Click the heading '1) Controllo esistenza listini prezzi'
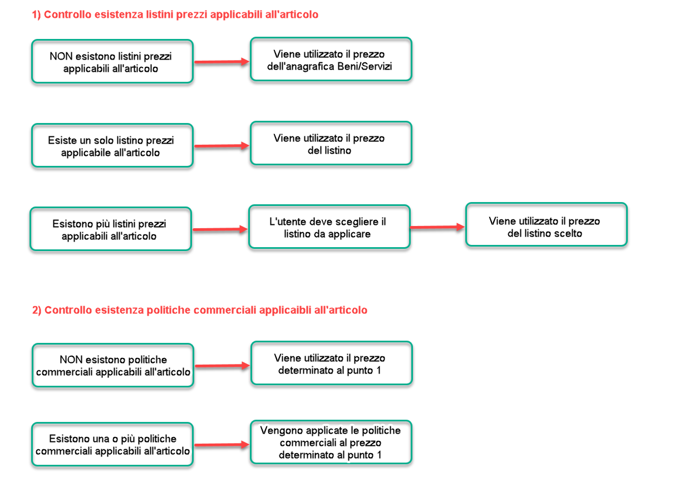[175, 15]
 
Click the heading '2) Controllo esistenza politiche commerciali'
[200, 310]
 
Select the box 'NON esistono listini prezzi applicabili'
[112, 62]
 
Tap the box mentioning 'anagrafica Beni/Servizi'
[331, 60]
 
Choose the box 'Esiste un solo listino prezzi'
[112, 146]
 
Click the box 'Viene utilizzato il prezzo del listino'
[331, 144]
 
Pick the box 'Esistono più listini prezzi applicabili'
[110, 229]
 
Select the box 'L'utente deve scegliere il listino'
[329, 227]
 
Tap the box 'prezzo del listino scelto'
[546, 225]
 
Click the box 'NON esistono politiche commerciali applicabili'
[112, 366]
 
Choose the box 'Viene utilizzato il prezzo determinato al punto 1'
[331, 364]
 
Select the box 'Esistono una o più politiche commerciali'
[112, 445]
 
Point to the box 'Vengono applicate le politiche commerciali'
[331, 443]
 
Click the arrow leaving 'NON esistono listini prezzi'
[221, 62]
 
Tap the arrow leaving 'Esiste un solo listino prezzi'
[221, 146]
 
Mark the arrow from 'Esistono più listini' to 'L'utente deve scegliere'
[219, 229]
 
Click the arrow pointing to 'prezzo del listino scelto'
[437, 227]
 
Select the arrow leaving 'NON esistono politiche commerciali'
[222, 366]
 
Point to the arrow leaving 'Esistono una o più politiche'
[222, 445]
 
